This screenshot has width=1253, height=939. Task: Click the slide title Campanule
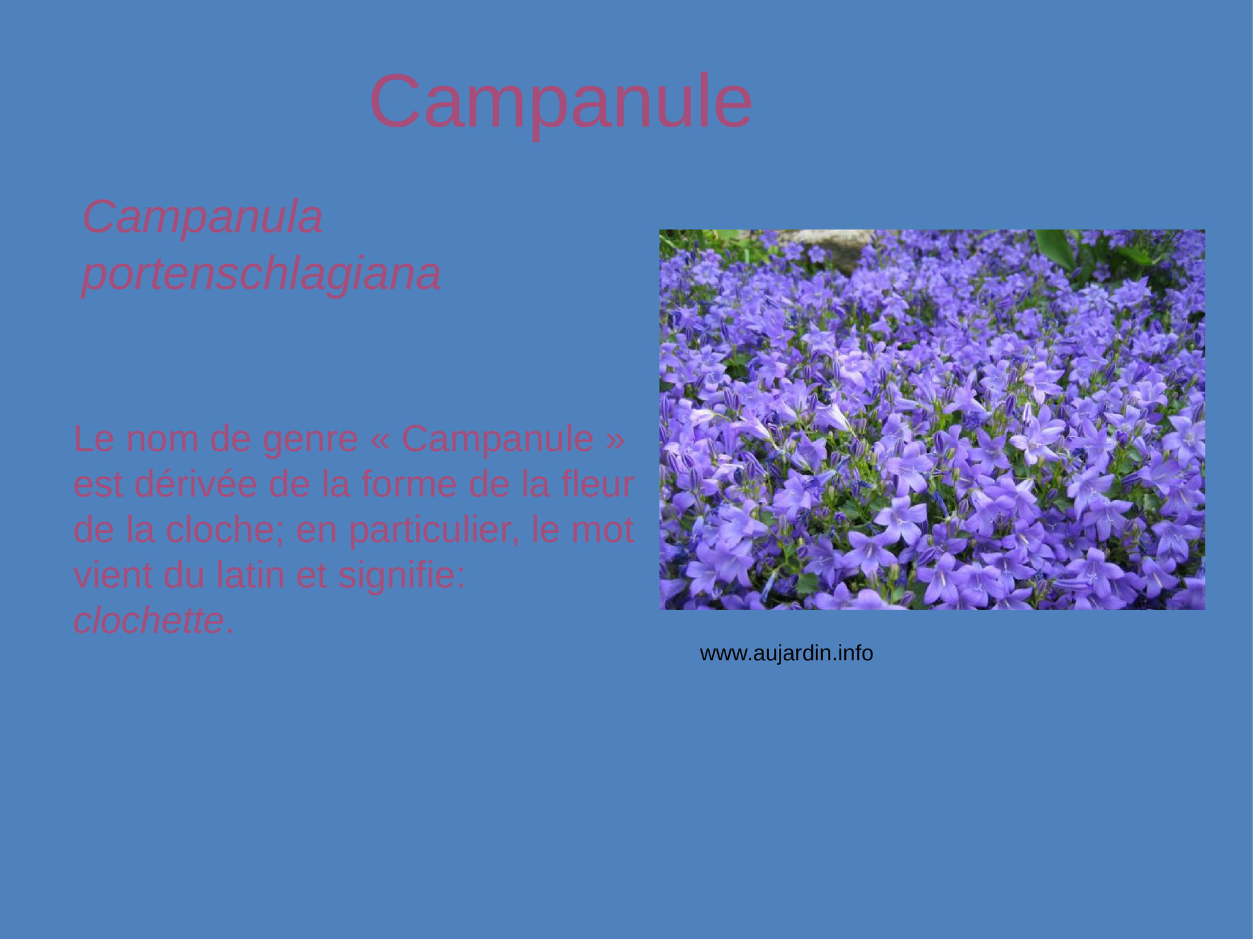(x=561, y=102)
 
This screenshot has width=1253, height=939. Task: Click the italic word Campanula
(x=203, y=217)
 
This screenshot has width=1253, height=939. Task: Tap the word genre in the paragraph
(x=310, y=440)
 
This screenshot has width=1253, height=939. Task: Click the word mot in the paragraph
(x=602, y=530)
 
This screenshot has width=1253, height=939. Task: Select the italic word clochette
(x=148, y=621)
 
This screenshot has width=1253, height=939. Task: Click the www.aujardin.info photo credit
(x=786, y=653)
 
